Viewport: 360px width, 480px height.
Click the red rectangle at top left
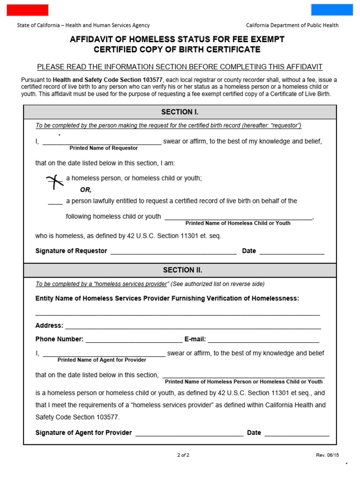pyautogui.click(x=27, y=10)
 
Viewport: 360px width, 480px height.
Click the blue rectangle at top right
pyautogui.click(x=332, y=10)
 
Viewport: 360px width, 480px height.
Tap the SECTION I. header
pyautogui.click(x=180, y=112)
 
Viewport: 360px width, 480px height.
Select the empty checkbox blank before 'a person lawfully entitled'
pyautogui.click(x=55, y=203)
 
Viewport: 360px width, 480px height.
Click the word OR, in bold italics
pyautogui.click(x=85, y=190)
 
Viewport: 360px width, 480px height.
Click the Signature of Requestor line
pyautogui.click(x=173, y=253)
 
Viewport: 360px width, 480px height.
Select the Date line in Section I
pyautogui.click(x=292, y=253)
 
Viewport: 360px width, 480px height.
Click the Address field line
pyautogui.click(x=193, y=328)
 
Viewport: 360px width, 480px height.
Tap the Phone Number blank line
pyautogui.click(x=134, y=341)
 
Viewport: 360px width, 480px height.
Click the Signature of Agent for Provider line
pyautogui.click(x=189, y=435)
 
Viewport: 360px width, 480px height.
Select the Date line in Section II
pyautogui.click(x=297, y=435)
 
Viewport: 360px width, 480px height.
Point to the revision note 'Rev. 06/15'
pyautogui.click(x=327, y=455)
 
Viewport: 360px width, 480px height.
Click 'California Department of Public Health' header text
pyautogui.click(x=292, y=25)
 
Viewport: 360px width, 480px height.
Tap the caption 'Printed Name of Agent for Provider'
pyautogui.click(x=102, y=360)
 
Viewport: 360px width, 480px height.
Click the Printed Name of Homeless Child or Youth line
pyautogui.click(x=238, y=219)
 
